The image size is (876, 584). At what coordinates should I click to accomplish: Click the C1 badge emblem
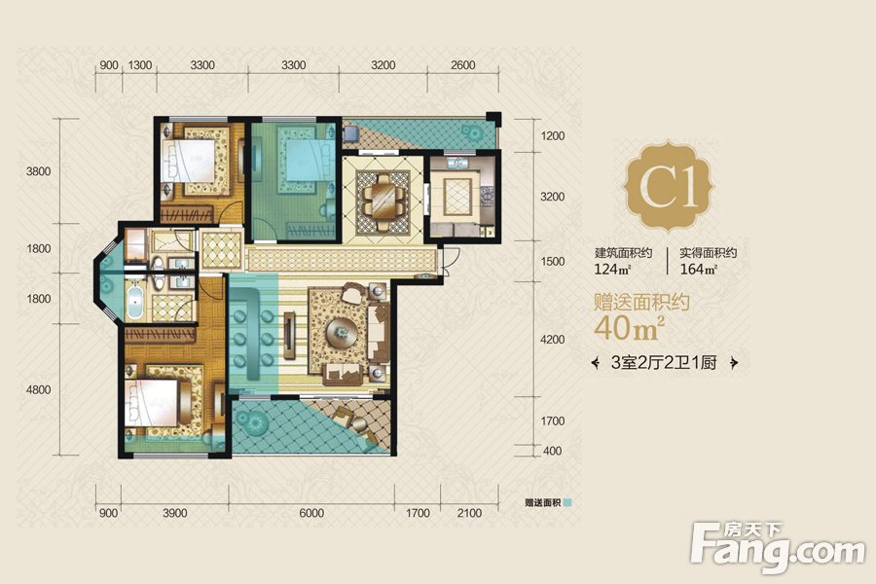(x=668, y=186)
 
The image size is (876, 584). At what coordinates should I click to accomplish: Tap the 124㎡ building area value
(x=612, y=270)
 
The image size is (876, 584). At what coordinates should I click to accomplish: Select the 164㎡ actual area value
(x=698, y=270)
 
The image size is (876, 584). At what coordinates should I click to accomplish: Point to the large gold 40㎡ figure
(x=629, y=328)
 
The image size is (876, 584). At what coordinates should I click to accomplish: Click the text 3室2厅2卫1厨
(x=664, y=363)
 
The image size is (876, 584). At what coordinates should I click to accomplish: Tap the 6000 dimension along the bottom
(x=311, y=513)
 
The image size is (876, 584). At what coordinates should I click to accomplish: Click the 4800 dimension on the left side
(x=38, y=389)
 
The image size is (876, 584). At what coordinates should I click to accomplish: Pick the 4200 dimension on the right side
(x=552, y=340)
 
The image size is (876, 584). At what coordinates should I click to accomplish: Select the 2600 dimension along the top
(x=462, y=65)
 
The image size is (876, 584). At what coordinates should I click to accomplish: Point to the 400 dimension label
(x=552, y=451)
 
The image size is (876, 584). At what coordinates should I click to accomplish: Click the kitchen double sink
(x=458, y=164)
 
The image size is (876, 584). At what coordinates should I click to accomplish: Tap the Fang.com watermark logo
(x=777, y=547)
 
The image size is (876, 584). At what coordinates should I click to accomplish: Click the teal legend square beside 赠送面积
(x=567, y=502)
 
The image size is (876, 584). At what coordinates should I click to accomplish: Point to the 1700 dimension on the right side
(x=552, y=420)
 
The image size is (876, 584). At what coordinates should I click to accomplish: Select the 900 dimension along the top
(x=108, y=65)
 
